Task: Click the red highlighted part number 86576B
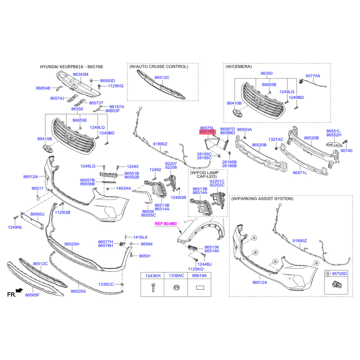(207, 132)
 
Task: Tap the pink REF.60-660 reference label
(166, 224)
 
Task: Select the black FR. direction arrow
(19, 290)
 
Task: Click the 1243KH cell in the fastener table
(153, 276)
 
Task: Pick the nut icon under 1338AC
(176, 288)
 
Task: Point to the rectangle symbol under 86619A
(199, 288)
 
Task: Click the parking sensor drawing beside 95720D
(337, 285)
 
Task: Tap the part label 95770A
(312, 76)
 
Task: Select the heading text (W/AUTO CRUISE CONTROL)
(159, 67)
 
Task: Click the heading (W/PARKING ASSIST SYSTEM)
(262, 198)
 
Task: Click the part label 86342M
(81, 74)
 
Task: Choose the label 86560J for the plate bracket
(37, 214)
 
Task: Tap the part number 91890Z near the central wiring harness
(160, 144)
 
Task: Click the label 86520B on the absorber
(259, 145)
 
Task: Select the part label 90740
(346, 151)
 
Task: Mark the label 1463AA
(123, 188)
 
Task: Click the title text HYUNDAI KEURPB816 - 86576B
(72, 67)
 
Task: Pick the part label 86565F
(32, 295)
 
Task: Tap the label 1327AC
(276, 139)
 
